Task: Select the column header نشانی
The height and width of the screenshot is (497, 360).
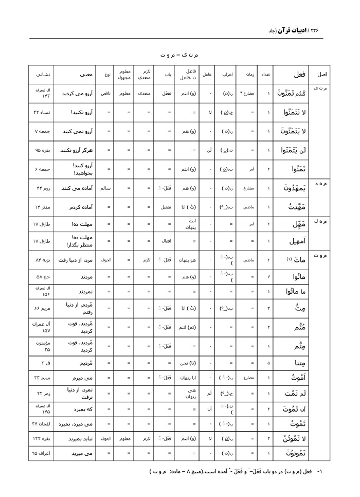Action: click(x=41, y=75)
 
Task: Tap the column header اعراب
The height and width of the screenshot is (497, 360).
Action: click(x=228, y=75)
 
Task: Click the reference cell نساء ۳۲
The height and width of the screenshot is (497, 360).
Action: click(x=41, y=112)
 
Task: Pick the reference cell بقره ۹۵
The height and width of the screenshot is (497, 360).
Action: click(x=41, y=150)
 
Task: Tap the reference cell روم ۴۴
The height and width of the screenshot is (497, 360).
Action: click(x=41, y=188)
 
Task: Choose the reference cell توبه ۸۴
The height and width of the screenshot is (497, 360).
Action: click(x=41, y=260)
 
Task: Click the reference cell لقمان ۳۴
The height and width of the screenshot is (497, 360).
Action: click(x=41, y=424)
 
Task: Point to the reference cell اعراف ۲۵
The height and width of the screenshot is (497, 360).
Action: click(x=41, y=454)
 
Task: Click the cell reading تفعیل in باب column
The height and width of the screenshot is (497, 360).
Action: click(x=164, y=207)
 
